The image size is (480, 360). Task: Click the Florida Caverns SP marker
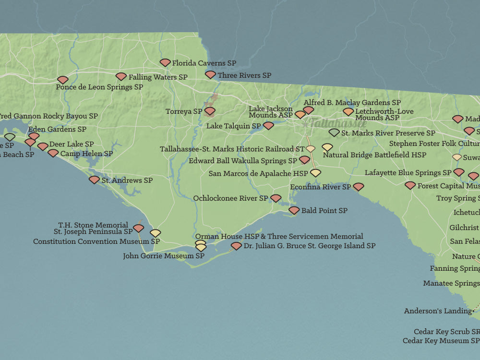pyautogui.click(x=165, y=62)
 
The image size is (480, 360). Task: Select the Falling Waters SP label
pyautogui.click(x=158, y=77)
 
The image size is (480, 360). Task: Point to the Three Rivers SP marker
pyautogui.click(x=210, y=75)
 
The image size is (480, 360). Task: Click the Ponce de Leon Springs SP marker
pyautogui.click(x=62, y=80)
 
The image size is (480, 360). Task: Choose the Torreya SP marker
pyautogui.click(x=210, y=111)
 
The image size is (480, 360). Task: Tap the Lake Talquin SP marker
pyautogui.click(x=268, y=126)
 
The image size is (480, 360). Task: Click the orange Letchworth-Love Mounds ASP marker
pyautogui.click(x=348, y=111)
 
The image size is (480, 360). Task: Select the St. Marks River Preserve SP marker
pyautogui.click(x=334, y=132)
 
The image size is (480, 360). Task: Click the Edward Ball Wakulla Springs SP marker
pyautogui.click(x=304, y=160)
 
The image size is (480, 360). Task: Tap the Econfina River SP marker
pyautogui.click(x=359, y=187)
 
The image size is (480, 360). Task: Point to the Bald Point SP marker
pyautogui.click(x=294, y=210)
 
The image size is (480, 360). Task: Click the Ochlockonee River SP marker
pyautogui.click(x=276, y=198)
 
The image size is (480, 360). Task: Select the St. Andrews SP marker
pyautogui.click(x=94, y=180)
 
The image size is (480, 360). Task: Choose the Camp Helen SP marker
pyautogui.click(x=53, y=153)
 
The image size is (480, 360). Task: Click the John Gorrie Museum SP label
pyautogui.click(x=164, y=256)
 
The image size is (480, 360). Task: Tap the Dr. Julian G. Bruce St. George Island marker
pyautogui.click(x=236, y=246)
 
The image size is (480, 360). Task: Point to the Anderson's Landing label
pyautogui.click(x=438, y=311)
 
